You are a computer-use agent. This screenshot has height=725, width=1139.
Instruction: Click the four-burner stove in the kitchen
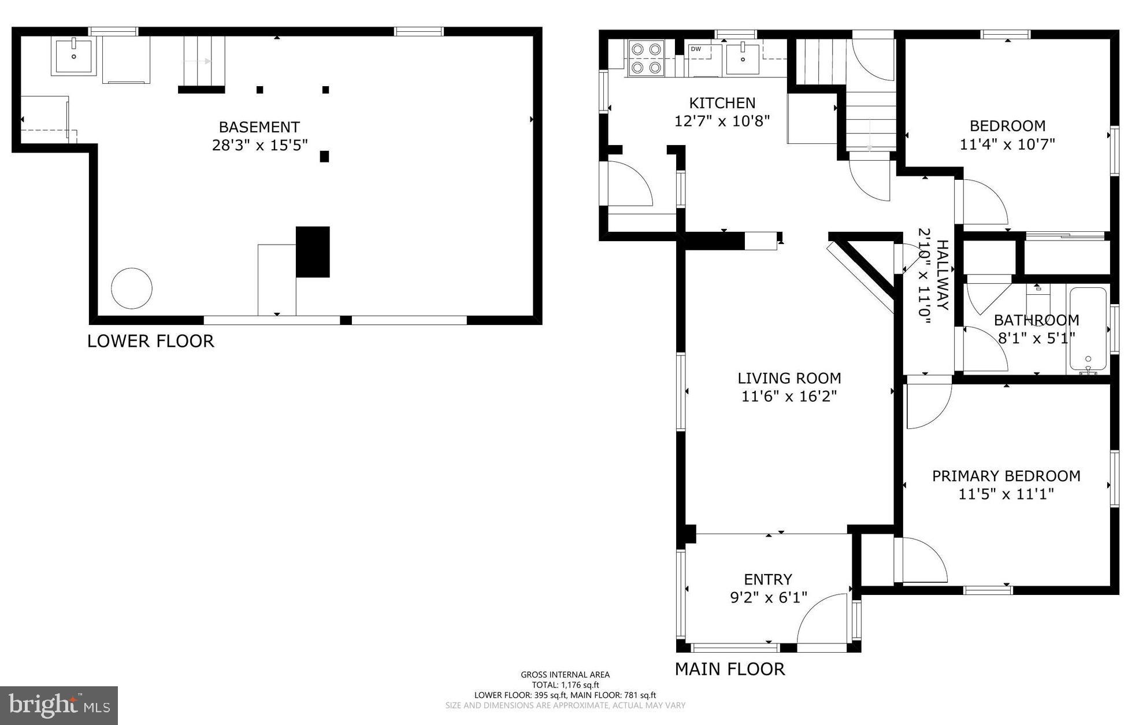(x=646, y=58)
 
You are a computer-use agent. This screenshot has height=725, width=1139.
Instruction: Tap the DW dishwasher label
(x=696, y=49)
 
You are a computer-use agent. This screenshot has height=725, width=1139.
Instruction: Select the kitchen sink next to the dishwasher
(x=743, y=58)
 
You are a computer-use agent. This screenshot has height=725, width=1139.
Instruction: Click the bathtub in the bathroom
(x=1088, y=328)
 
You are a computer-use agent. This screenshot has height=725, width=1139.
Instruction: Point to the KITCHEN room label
(x=722, y=103)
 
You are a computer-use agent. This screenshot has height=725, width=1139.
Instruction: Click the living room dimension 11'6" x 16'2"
(x=789, y=397)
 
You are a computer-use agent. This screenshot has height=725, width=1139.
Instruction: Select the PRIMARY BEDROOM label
(x=1006, y=476)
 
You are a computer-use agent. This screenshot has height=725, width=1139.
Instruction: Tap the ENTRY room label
(x=767, y=579)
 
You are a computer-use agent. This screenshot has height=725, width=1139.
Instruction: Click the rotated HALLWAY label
(x=943, y=275)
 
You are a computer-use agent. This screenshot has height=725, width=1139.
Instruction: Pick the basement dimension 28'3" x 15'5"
(x=259, y=145)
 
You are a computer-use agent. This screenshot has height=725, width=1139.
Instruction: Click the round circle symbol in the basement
(x=132, y=288)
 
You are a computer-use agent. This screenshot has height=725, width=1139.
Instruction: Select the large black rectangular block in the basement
(x=313, y=251)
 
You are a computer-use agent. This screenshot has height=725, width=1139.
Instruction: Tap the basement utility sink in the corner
(x=73, y=56)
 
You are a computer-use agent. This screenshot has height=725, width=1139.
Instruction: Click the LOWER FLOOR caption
(x=150, y=341)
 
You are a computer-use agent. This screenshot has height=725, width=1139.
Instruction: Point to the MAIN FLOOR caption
(x=729, y=669)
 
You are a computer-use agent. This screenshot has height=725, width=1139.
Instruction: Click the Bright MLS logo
(x=58, y=705)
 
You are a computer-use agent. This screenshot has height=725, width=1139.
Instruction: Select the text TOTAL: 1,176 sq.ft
(x=565, y=685)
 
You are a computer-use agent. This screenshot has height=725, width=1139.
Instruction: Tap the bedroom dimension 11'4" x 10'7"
(x=1007, y=145)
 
